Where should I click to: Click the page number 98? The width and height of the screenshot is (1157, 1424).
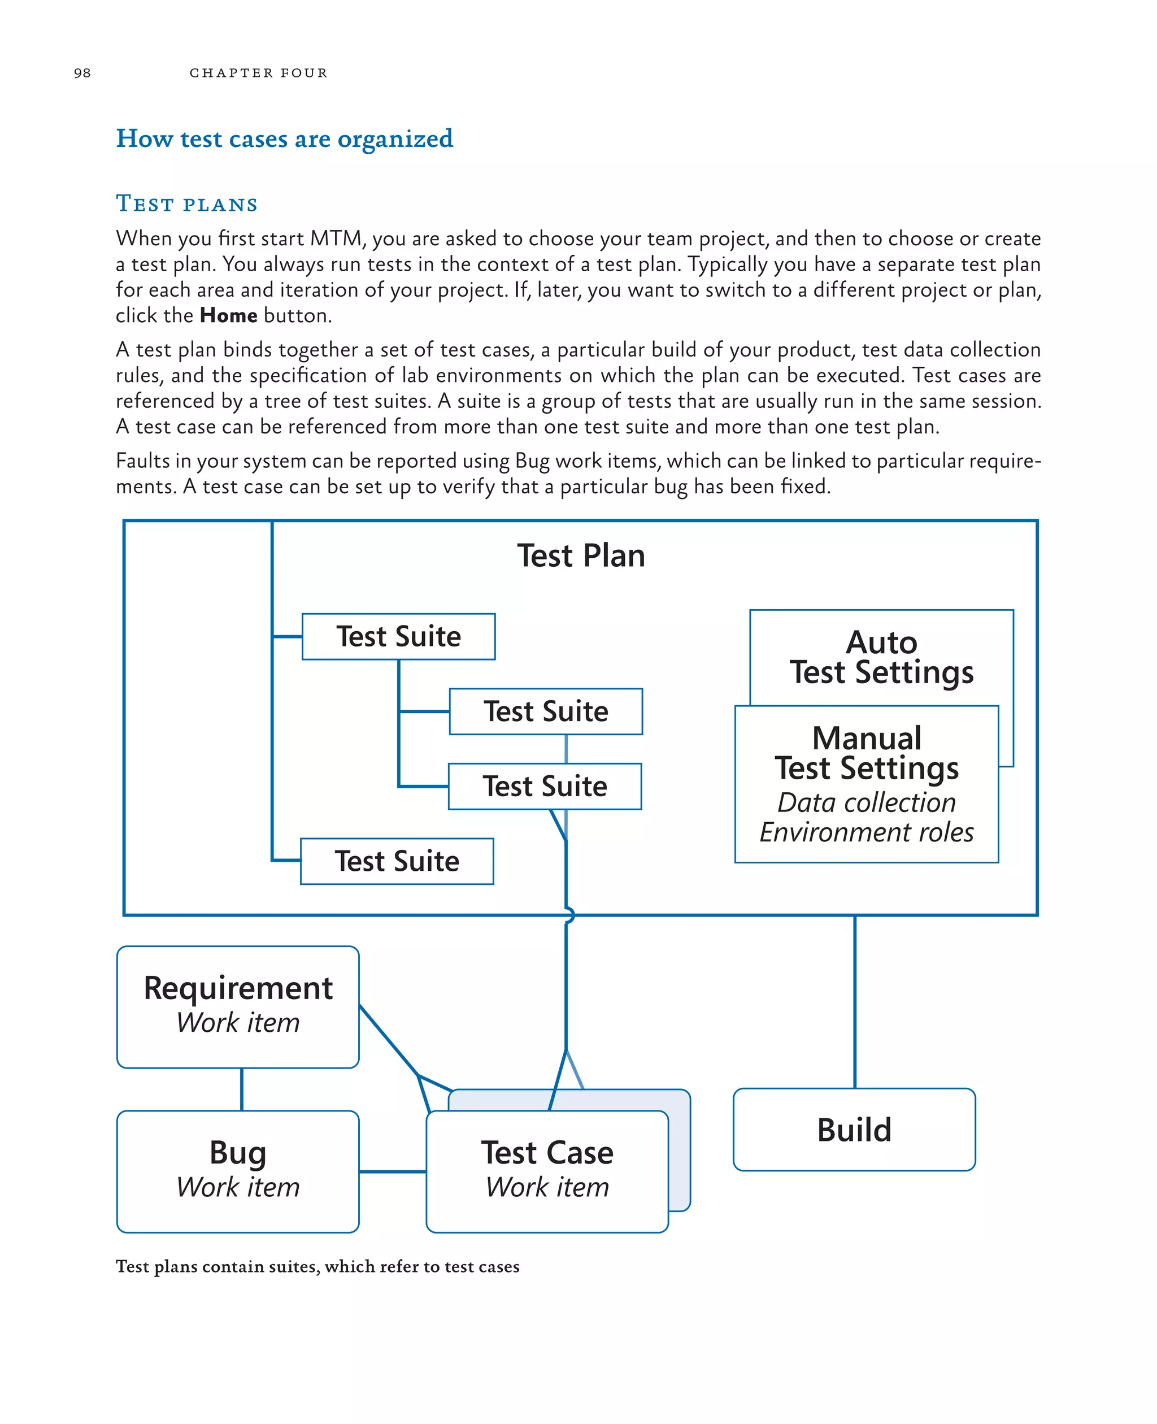[x=82, y=73]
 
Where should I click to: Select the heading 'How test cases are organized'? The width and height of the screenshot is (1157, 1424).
[x=284, y=138]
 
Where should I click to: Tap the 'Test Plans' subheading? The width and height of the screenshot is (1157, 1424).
[x=186, y=203]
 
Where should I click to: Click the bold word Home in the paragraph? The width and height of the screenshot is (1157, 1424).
[x=229, y=315]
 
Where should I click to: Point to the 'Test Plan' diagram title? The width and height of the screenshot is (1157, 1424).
[x=581, y=555]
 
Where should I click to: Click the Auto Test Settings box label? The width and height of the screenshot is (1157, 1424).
[x=881, y=657]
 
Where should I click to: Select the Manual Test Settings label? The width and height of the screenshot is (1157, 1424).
[x=867, y=753]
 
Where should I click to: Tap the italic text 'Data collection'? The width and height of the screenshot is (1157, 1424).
[x=867, y=802]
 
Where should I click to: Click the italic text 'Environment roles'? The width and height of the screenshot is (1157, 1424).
[x=867, y=833]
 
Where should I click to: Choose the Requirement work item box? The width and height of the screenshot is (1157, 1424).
[x=238, y=1006]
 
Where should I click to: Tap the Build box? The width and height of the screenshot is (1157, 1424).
[x=854, y=1130]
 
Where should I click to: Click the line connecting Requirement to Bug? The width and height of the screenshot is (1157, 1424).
[x=242, y=1089]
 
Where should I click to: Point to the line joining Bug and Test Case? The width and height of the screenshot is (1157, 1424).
[x=393, y=1171]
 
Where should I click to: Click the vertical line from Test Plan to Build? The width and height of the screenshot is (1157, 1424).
[x=855, y=1000]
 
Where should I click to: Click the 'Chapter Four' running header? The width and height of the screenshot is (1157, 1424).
[x=259, y=73]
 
